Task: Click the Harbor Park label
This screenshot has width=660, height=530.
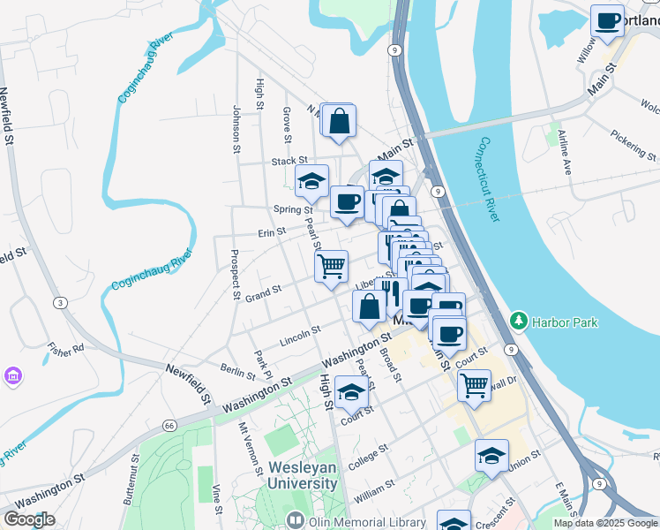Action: [564, 322]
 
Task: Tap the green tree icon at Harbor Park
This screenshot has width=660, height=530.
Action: [520, 322]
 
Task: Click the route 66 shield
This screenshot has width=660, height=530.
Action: [169, 425]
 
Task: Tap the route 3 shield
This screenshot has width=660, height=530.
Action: [59, 303]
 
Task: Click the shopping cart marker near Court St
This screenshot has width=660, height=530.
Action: [475, 385]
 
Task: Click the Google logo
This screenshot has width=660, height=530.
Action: [29, 519]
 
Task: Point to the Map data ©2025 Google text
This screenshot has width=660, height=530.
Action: [605, 523]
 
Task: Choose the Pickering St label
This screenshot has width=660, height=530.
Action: [634, 145]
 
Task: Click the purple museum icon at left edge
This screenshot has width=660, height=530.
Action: [12, 377]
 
